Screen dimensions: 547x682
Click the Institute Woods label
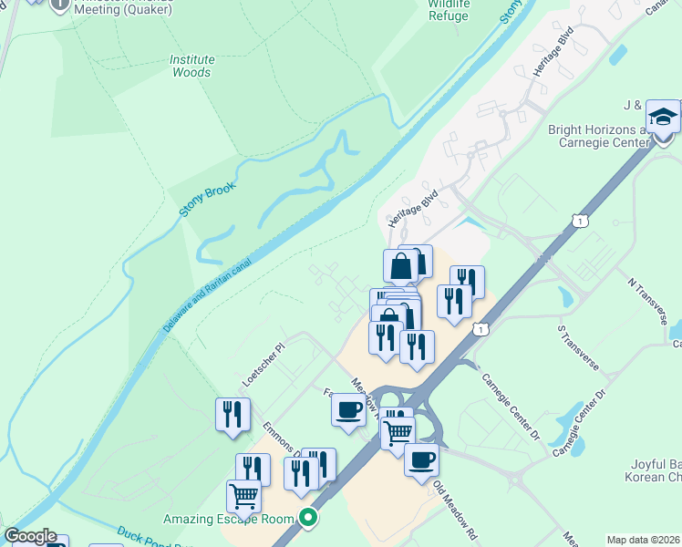(191, 67)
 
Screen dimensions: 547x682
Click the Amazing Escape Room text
(231, 520)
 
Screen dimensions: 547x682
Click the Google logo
(31, 536)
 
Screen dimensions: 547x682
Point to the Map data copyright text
(644, 540)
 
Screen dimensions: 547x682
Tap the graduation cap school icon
(663, 118)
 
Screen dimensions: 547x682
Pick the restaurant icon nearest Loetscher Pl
(232, 414)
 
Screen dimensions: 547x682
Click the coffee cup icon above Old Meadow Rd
(421, 459)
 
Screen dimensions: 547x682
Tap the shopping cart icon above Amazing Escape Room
(243, 496)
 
